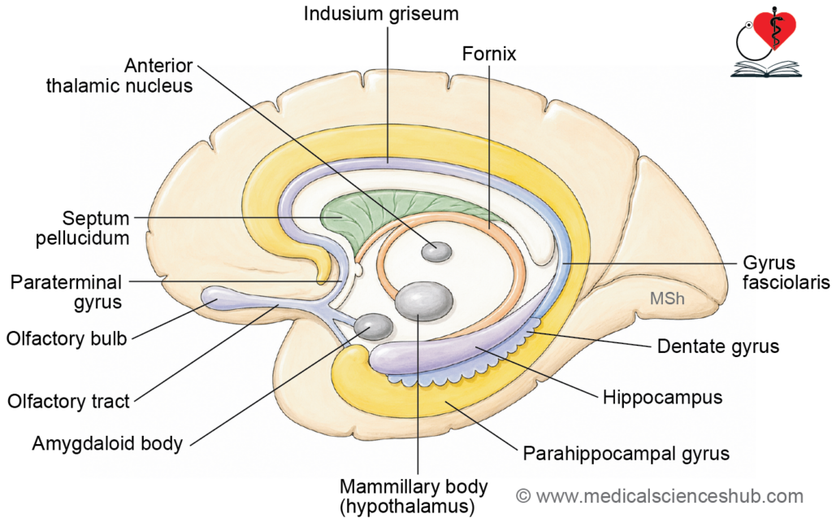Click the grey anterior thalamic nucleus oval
(436, 251)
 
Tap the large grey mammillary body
(424, 301)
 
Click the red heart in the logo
(775, 29)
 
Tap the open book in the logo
(766, 69)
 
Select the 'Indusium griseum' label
(381, 13)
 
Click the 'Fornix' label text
(488, 54)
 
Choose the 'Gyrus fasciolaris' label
(786, 272)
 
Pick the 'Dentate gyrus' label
(718, 346)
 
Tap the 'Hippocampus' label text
(662, 398)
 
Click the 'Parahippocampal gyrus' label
(626, 454)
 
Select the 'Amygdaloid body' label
(107, 443)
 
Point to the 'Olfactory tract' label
(68, 401)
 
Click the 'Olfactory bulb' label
(67, 338)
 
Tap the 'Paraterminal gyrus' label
(67, 292)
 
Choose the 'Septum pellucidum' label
(83, 228)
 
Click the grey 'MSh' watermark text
(667, 298)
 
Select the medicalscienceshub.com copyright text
(660, 496)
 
